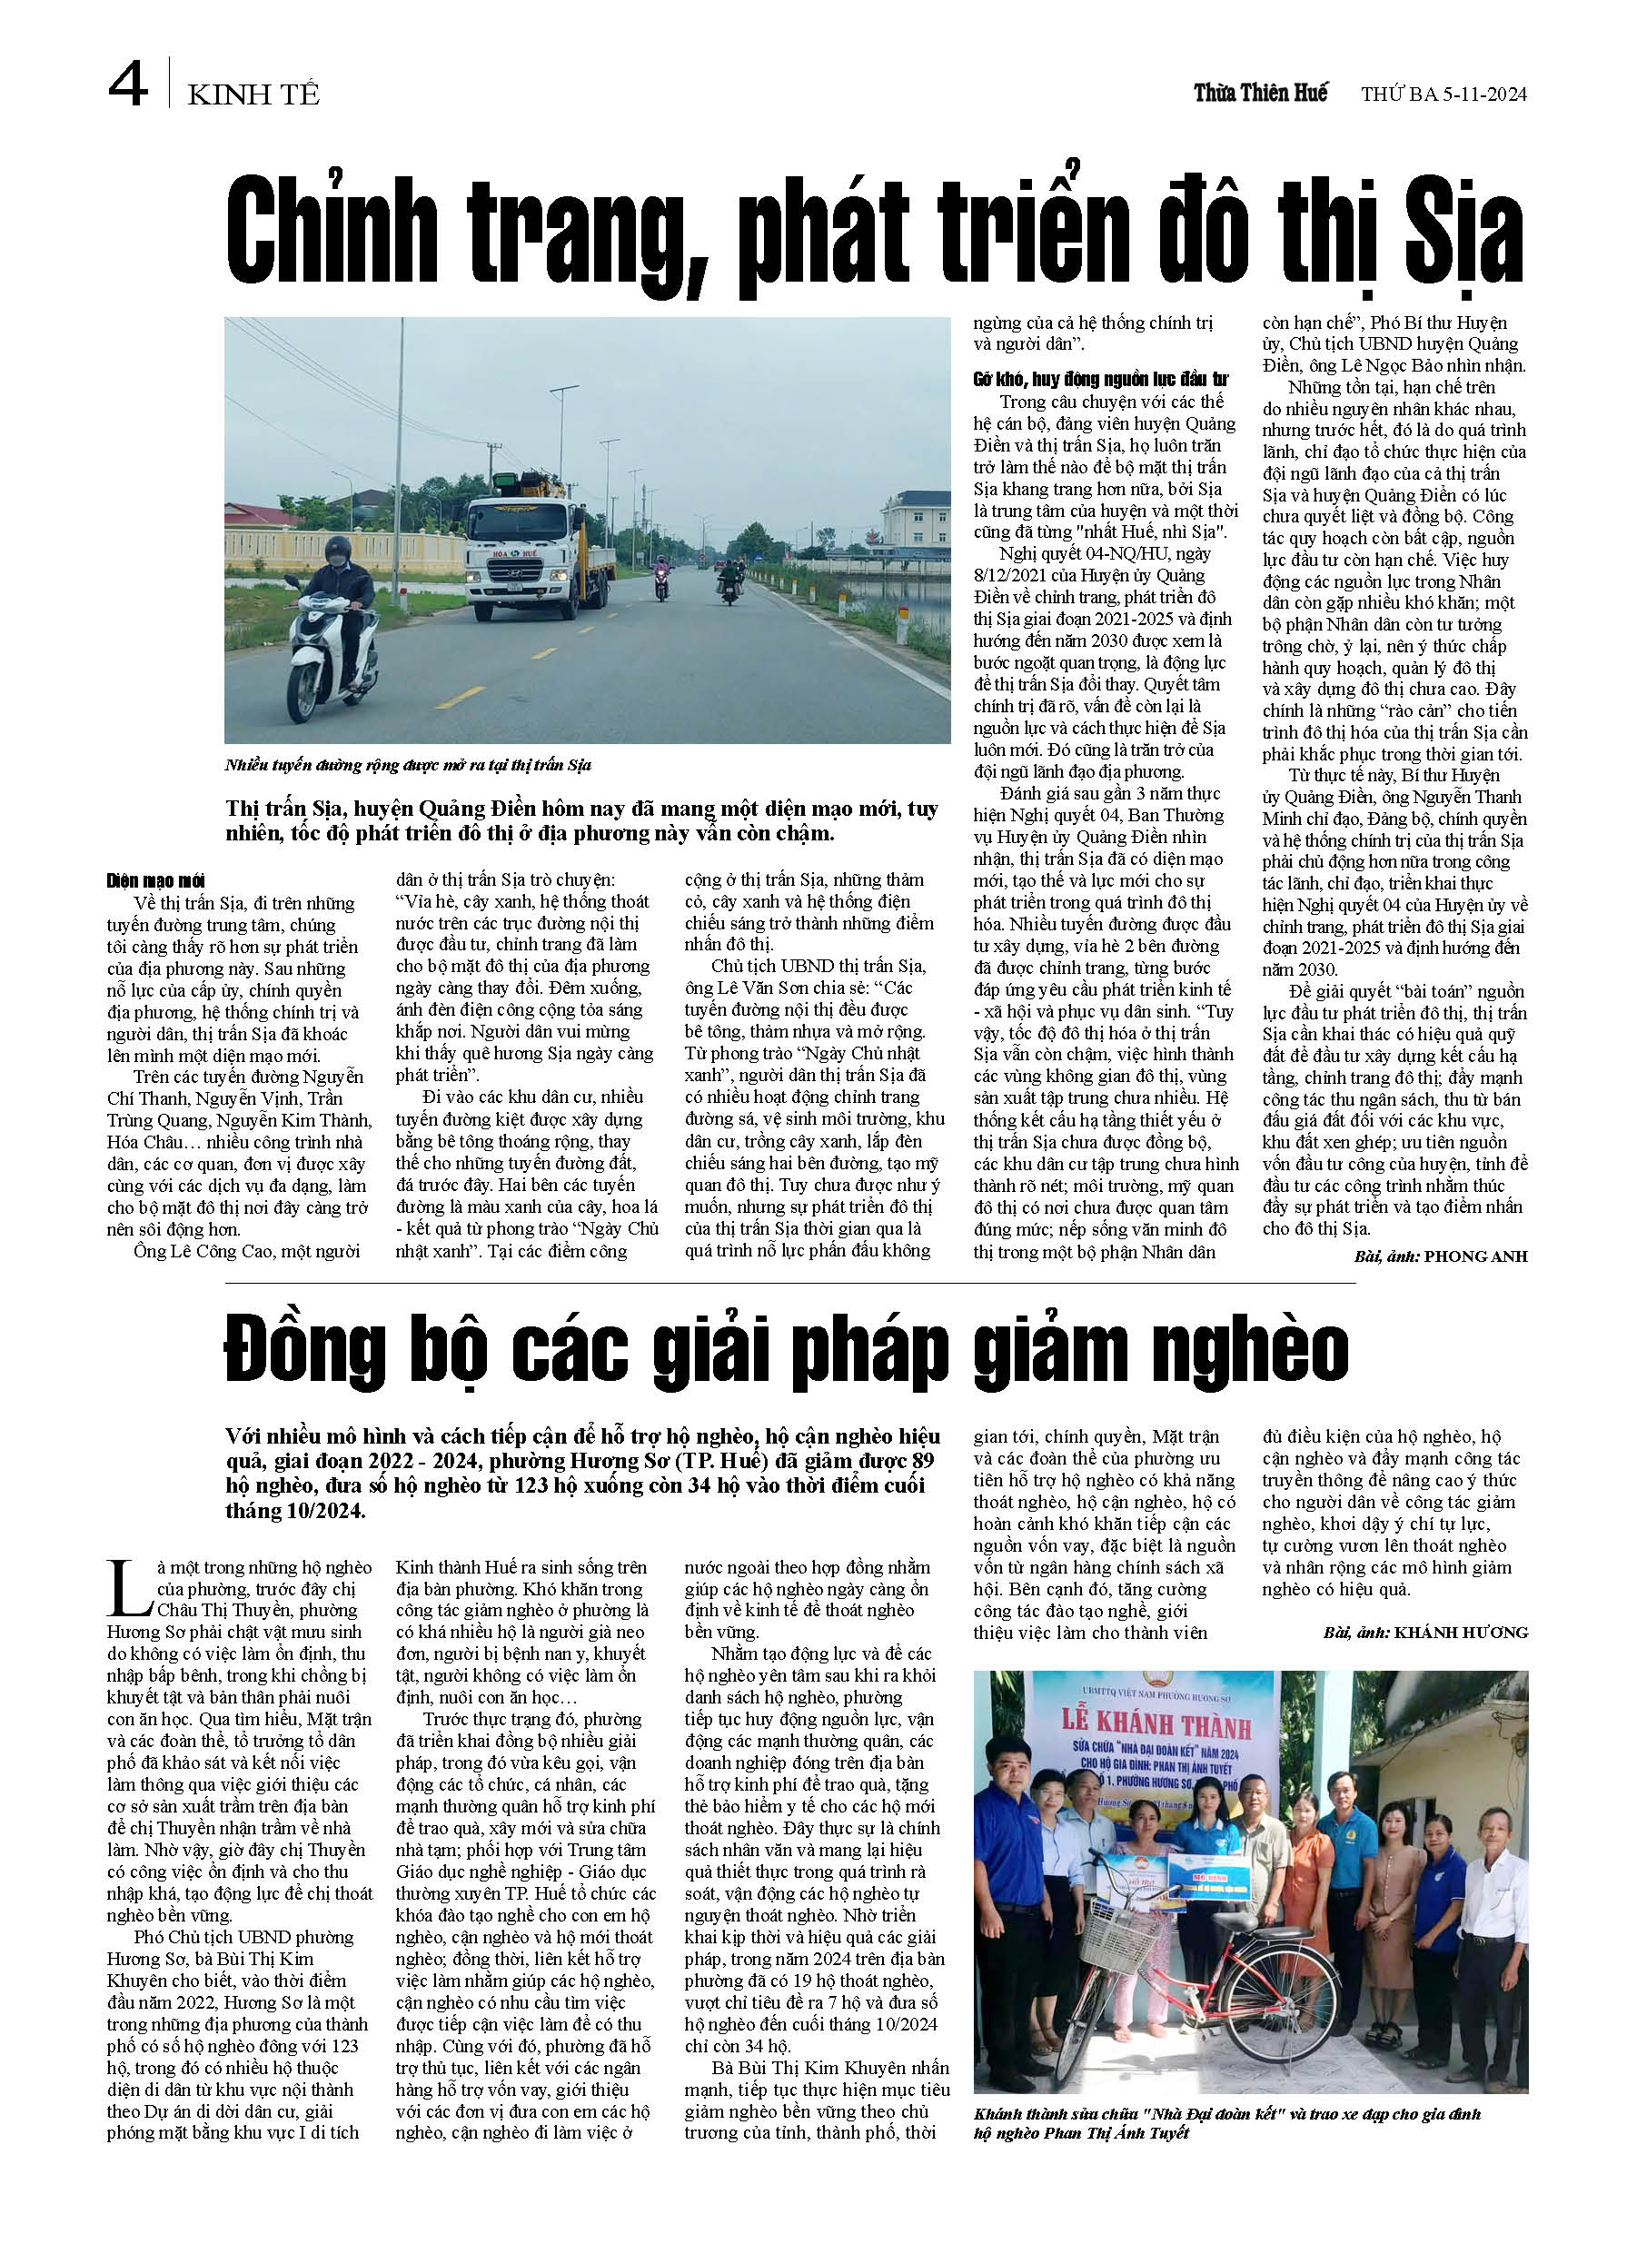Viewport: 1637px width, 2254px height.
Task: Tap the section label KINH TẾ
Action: (253, 94)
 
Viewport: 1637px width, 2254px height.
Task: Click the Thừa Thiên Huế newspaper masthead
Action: (1260, 94)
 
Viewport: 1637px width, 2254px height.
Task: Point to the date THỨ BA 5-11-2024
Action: (1444, 94)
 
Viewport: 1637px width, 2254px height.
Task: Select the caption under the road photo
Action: (408, 765)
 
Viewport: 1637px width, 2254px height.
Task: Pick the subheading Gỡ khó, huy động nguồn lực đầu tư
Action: (1100, 380)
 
